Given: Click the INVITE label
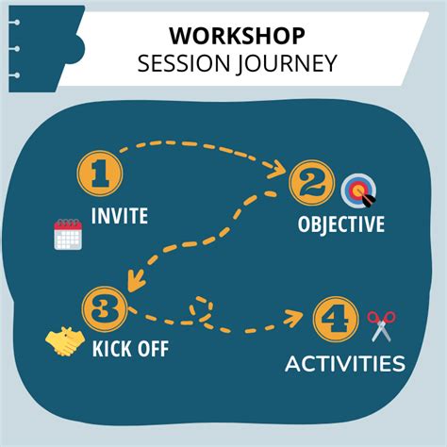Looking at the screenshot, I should point(119,216).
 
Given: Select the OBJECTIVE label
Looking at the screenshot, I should point(341,224).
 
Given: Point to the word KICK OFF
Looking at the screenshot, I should point(130,349).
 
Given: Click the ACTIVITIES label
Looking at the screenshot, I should point(345,364).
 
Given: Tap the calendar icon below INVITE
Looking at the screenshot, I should point(69,234).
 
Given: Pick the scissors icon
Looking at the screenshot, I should point(380,325).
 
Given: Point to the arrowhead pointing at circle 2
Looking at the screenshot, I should point(279,170).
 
